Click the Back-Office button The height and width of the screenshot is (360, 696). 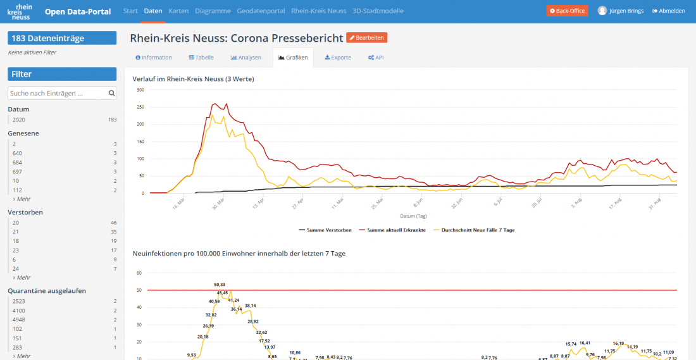tap(567, 11)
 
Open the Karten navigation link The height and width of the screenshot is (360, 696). tap(178, 11)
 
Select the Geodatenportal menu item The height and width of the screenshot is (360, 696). tap(261, 11)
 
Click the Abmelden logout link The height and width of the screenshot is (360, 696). tap(668, 11)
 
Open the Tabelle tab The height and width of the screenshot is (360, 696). tap(201, 58)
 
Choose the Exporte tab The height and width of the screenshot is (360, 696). tap(338, 58)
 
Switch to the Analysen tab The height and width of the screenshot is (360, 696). tap(246, 58)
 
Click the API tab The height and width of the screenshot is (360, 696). tap(375, 58)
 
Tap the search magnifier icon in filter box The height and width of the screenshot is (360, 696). tap(111, 94)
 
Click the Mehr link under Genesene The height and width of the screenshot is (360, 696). tap(22, 199)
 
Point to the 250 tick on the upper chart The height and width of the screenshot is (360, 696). tap(140, 107)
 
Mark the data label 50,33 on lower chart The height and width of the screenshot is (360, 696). tap(220, 285)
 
